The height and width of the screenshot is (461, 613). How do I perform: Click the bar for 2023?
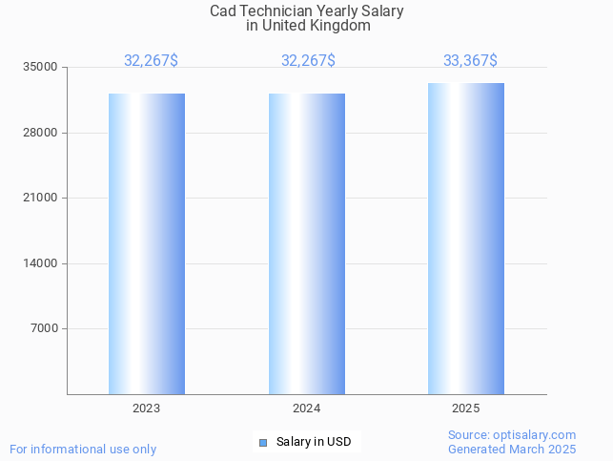(147, 243)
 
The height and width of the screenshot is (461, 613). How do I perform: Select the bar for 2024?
(307, 243)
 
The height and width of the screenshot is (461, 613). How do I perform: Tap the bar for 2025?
(466, 239)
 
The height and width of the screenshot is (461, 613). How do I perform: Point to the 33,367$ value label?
(470, 61)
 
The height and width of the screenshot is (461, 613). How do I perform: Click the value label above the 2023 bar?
(151, 61)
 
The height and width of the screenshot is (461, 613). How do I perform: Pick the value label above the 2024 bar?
(308, 61)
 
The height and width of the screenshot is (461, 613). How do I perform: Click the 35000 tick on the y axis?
(42, 68)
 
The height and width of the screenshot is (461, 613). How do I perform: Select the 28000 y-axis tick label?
(42, 133)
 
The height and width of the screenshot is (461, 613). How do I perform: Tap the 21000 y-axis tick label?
(42, 199)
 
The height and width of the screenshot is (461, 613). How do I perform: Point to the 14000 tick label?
(42, 263)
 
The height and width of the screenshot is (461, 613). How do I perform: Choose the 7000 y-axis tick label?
(45, 329)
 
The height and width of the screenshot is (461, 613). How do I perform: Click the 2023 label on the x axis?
(147, 409)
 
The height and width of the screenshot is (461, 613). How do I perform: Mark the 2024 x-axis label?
(307, 409)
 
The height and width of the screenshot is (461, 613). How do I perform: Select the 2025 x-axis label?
(466, 409)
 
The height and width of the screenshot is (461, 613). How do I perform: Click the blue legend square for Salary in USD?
(263, 442)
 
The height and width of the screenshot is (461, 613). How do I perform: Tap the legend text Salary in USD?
(314, 442)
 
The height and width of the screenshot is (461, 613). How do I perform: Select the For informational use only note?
(83, 450)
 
